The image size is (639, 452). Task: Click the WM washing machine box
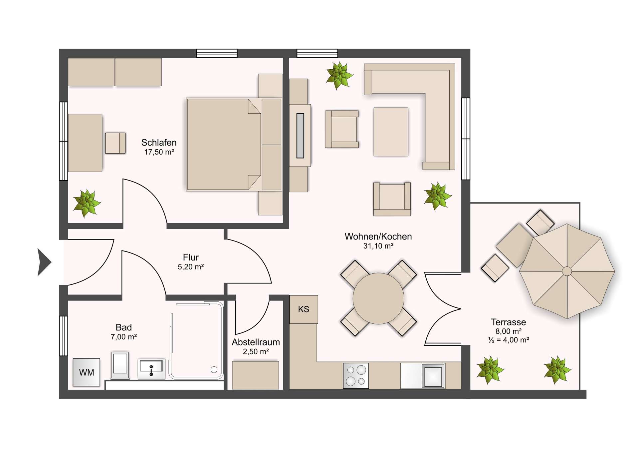[x=87, y=372]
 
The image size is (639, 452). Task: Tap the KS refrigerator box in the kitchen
[x=304, y=309]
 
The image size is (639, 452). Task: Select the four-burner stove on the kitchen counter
[x=356, y=375]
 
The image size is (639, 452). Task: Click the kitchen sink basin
[x=433, y=376]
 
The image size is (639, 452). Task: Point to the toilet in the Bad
[x=120, y=365]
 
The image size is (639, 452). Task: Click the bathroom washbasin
[x=151, y=369]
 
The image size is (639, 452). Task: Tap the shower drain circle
[x=214, y=369]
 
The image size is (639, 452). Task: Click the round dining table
[x=378, y=298]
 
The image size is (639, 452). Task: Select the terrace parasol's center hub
[x=567, y=271]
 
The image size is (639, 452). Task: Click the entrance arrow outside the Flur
[x=44, y=262]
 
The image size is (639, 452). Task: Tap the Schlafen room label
[x=159, y=143]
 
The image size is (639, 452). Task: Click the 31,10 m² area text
[x=378, y=246]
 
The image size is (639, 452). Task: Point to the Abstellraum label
[x=256, y=342]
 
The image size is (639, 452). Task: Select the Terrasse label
[x=508, y=322]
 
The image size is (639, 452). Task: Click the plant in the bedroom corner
[x=87, y=203]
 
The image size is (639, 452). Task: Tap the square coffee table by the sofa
[x=391, y=132]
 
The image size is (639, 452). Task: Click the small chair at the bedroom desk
[x=115, y=143]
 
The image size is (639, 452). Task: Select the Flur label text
[x=191, y=257]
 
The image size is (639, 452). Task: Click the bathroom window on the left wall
[x=63, y=336]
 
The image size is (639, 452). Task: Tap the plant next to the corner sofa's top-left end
[x=339, y=76]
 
